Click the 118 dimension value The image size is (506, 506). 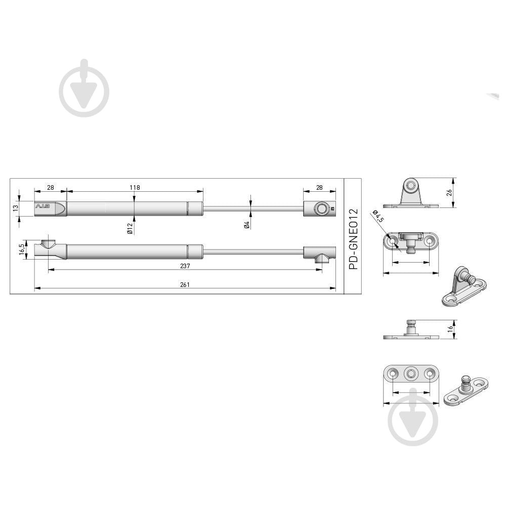coord(134,187)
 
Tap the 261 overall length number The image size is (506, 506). coord(185,285)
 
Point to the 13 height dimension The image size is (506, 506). coord(16,207)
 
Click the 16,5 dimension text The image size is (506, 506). coord(21,250)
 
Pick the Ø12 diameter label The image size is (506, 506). coord(130,228)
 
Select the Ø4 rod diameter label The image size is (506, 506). coord(247,225)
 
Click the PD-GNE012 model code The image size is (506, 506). coord(353,238)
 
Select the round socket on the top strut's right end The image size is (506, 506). coord(320,208)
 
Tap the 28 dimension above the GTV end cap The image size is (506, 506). coord(50,187)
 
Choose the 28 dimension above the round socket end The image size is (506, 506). coord(319,187)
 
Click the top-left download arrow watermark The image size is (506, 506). coord(84,88)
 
